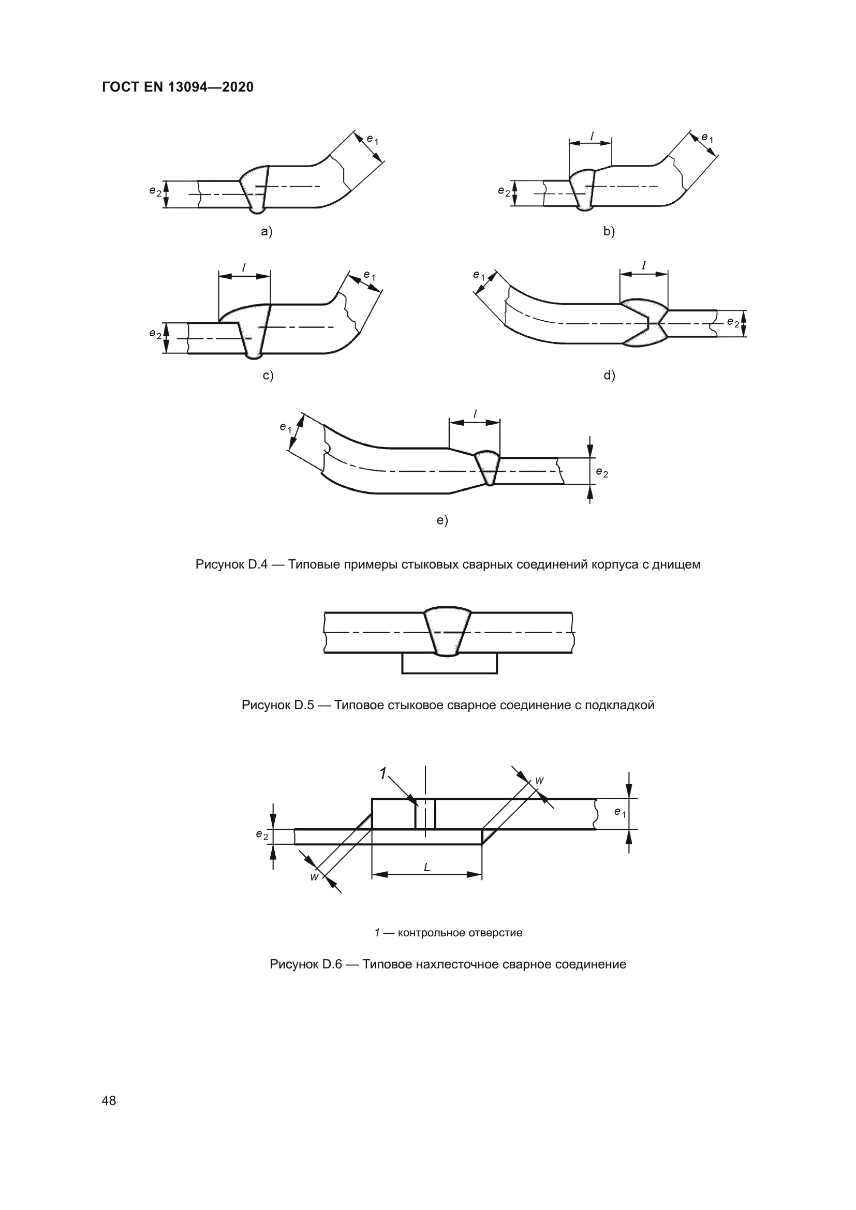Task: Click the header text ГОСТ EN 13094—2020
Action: point(178,87)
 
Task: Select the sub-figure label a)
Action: point(267,231)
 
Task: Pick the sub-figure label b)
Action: point(609,231)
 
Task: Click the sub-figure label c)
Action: point(268,375)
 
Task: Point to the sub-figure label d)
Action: point(609,375)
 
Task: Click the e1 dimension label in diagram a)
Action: point(372,140)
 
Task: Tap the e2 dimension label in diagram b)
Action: point(504,191)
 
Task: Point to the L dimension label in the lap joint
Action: point(426,867)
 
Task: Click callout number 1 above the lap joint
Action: point(383,773)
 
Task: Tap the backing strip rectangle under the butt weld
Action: point(449,664)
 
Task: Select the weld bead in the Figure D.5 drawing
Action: point(448,631)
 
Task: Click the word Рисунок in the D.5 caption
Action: point(265,705)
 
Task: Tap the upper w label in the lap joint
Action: point(539,780)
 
